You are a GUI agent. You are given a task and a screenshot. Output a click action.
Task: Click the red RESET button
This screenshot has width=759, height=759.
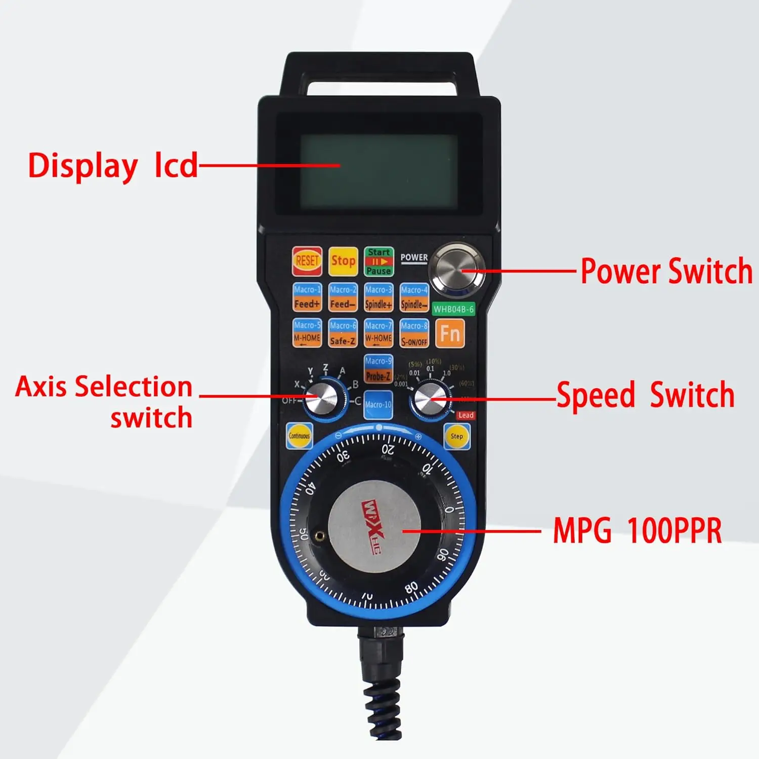[307, 261]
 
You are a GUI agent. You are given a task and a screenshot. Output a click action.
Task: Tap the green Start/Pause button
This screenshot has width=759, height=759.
[378, 261]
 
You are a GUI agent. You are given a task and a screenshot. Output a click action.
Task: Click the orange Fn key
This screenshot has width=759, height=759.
[450, 333]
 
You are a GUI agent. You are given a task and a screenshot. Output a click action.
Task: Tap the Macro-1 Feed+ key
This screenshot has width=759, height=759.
[307, 297]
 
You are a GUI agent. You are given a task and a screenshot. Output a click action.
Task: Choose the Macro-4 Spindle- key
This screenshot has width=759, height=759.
[414, 297]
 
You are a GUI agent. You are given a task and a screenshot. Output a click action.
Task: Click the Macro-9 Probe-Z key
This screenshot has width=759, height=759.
[378, 369]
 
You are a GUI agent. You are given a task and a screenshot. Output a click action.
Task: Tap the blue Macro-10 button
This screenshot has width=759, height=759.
[378, 405]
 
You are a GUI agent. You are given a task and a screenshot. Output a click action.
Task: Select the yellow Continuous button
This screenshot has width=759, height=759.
[299, 436]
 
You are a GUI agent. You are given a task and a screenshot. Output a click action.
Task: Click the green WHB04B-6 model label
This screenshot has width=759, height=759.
[453, 309]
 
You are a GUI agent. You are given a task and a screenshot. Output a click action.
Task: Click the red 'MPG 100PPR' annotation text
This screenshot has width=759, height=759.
[637, 531]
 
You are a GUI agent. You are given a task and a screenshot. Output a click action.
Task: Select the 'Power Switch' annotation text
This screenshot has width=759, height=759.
[666, 271]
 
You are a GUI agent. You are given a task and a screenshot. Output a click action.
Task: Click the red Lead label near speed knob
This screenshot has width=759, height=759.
[466, 415]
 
